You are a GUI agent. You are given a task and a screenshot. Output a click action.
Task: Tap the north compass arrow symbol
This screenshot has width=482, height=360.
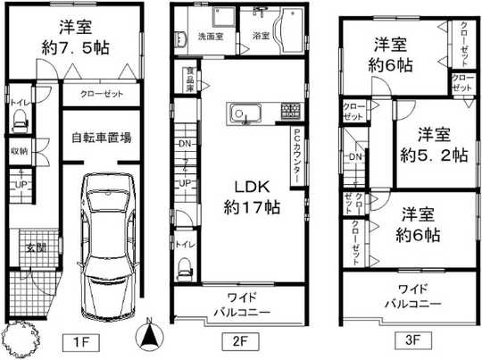150,338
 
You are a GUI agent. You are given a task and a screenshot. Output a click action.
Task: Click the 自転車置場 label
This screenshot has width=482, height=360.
102,138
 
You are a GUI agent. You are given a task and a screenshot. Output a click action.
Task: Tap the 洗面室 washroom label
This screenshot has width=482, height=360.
211,37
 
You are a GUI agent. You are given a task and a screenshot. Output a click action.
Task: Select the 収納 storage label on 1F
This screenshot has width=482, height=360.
19,151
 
